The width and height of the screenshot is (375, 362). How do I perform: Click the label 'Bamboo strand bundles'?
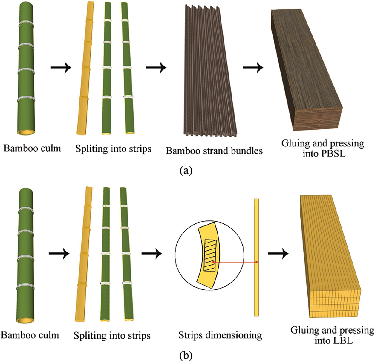click(214, 151)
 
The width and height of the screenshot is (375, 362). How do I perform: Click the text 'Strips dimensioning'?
click(220, 335)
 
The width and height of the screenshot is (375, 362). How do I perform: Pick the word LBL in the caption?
click(333, 340)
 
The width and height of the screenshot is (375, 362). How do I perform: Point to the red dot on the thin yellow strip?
click(256, 262)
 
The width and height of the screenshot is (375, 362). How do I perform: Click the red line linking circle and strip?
click(235, 262)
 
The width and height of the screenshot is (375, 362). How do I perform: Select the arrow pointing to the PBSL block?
click(253, 68)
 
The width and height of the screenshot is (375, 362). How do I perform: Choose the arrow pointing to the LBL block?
click(278, 254)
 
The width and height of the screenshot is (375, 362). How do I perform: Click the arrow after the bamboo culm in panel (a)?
click(61, 68)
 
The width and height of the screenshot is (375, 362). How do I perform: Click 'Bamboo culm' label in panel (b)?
click(30, 335)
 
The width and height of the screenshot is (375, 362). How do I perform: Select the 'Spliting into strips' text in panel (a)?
click(113, 149)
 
